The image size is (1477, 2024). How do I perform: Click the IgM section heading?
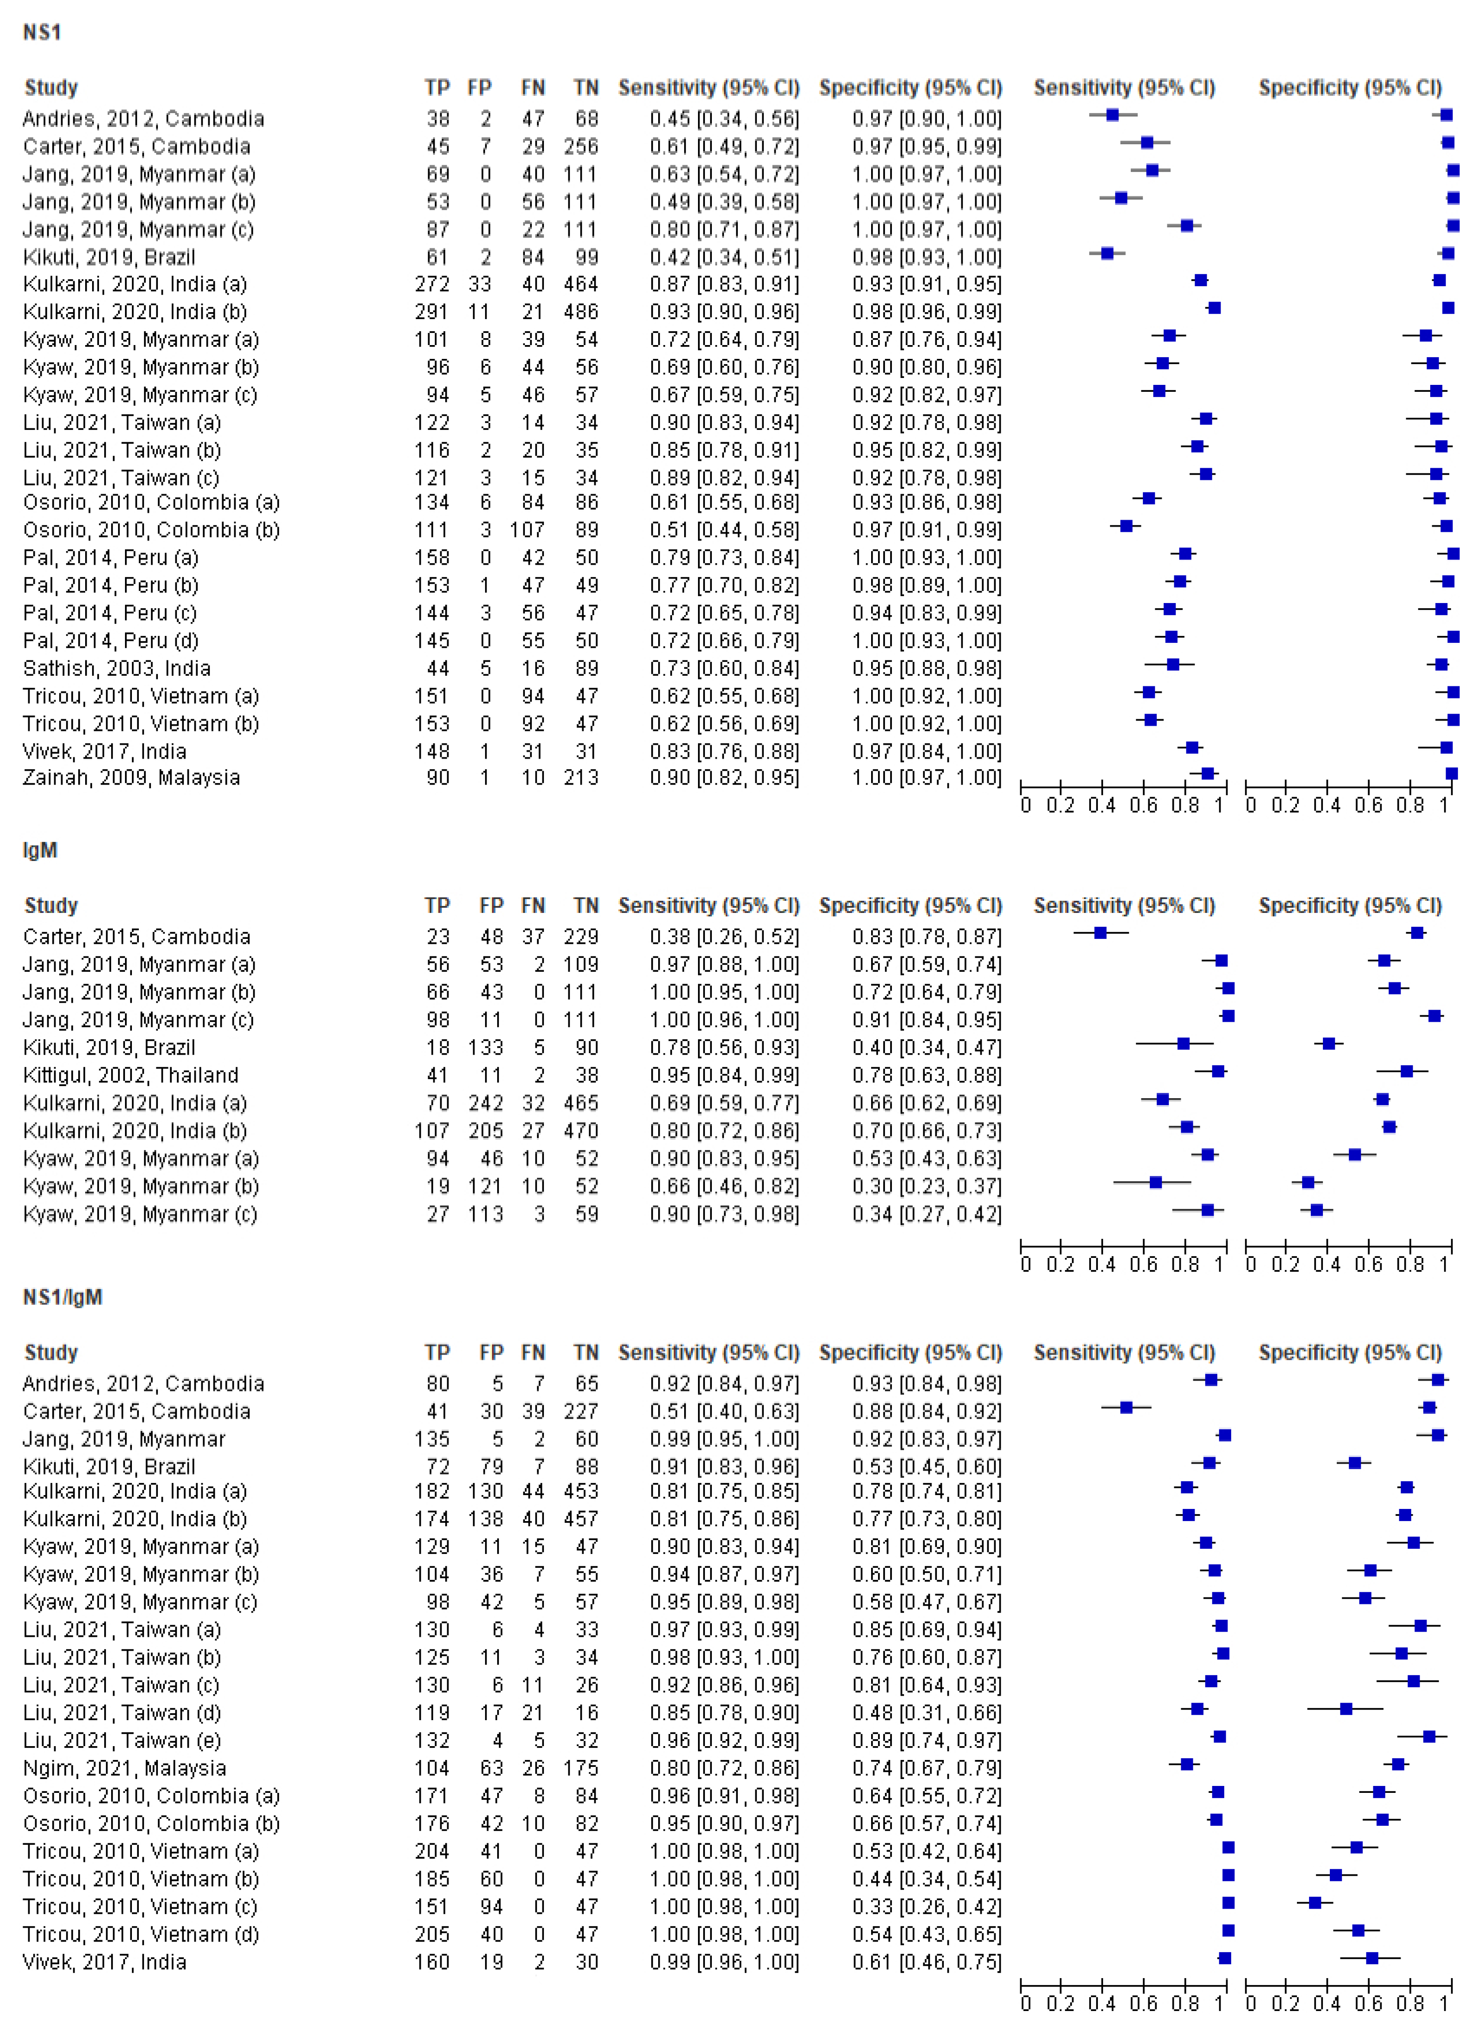click(40, 850)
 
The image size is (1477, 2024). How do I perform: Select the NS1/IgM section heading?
click(62, 1298)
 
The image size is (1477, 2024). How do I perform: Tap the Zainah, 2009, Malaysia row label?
click(131, 778)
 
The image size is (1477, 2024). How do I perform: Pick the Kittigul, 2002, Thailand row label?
click(131, 1076)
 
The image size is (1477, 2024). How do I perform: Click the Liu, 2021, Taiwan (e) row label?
click(122, 1741)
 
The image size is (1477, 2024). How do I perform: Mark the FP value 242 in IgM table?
click(486, 1104)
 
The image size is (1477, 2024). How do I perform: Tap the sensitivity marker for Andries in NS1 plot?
click(1112, 115)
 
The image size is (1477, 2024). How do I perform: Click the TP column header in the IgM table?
click(436, 906)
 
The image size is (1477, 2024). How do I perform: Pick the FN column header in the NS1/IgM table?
click(533, 1353)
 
